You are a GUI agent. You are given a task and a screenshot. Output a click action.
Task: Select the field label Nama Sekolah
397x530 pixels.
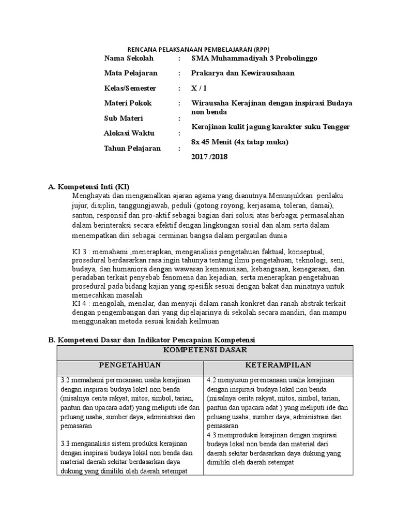pos(129,58)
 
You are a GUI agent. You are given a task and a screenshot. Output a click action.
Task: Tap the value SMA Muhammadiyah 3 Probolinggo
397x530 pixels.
pos(255,58)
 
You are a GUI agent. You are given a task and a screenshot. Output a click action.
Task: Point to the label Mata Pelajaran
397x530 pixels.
pos(131,73)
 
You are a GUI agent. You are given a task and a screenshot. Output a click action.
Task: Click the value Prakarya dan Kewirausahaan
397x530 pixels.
pos(242,73)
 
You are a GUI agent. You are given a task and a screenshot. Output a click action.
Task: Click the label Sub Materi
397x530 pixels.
pos(124,119)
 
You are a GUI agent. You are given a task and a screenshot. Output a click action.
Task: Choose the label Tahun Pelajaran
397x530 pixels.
pos(132,148)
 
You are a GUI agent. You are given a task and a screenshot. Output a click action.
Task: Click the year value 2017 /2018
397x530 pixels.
pos(209,156)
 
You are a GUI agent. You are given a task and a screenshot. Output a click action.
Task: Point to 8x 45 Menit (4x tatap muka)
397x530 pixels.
pos(239,141)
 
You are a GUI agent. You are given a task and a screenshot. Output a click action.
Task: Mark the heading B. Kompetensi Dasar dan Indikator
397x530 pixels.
pos(152,340)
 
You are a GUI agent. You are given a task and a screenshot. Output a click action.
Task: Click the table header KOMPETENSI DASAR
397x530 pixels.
pos(204,350)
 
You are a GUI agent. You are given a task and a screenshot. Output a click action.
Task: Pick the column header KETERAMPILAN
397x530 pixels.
pos(278,365)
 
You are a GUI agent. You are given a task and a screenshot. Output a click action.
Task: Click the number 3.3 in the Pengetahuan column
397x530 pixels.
pos(66,444)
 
